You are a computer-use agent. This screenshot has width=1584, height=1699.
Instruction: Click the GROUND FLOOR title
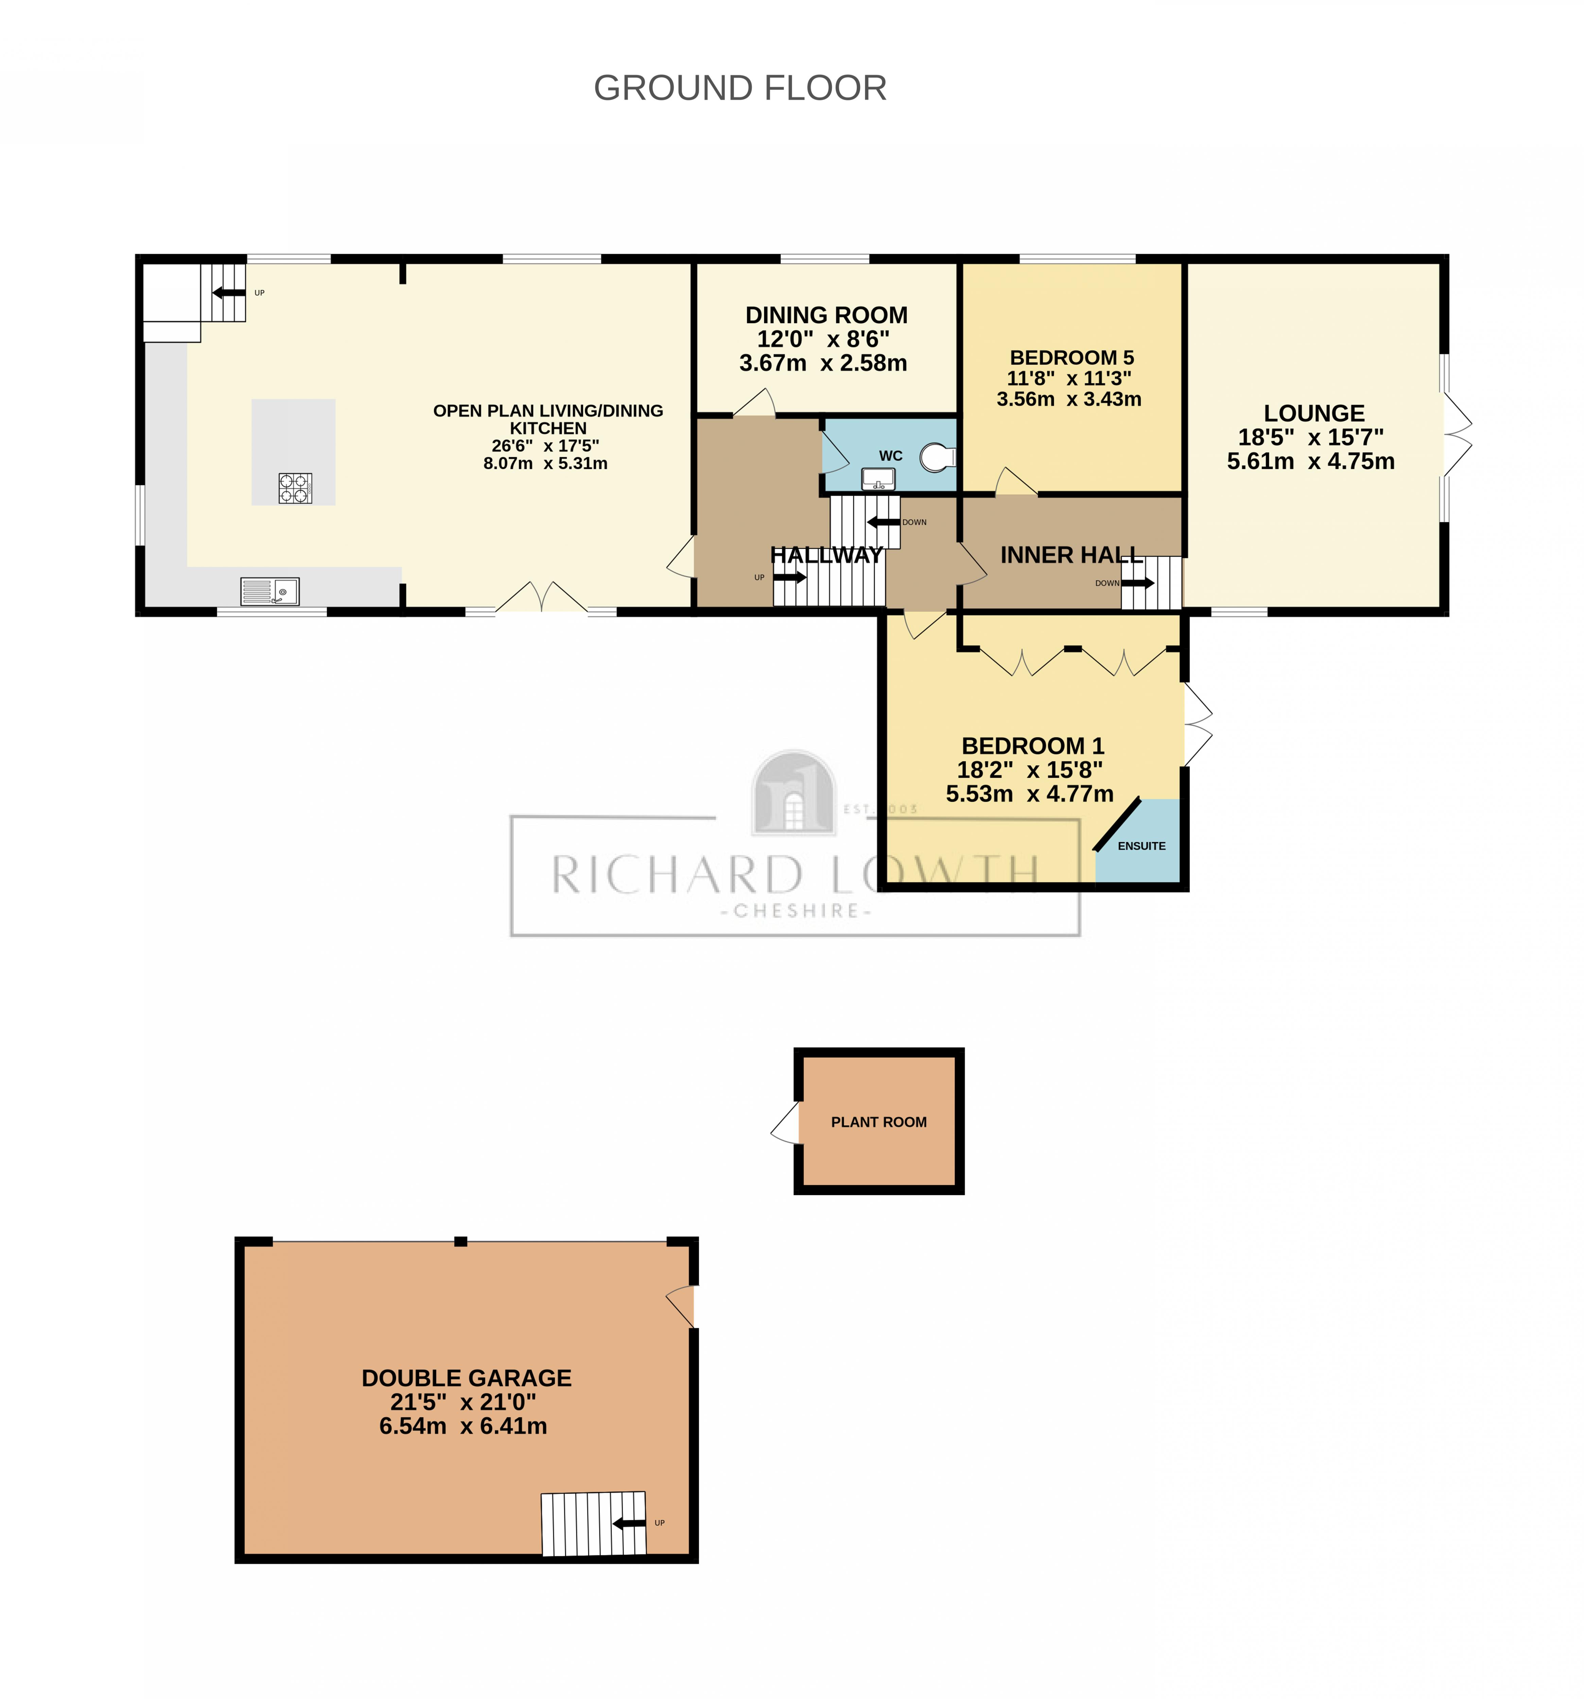tap(739, 88)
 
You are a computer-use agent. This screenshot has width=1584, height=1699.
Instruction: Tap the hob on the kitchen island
tap(295, 488)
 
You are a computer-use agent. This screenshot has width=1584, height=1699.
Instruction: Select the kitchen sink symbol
tap(270, 591)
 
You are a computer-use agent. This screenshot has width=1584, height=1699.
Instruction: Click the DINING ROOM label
tap(826, 315)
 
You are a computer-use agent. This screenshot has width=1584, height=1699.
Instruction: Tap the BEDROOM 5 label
tap(1071, 357)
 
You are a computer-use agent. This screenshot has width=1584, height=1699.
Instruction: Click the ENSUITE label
tap(1141, 846)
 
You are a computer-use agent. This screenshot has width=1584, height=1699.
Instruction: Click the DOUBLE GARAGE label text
tap(466, 1378)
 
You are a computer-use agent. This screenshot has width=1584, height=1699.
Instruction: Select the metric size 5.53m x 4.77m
tap(1029, 794)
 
